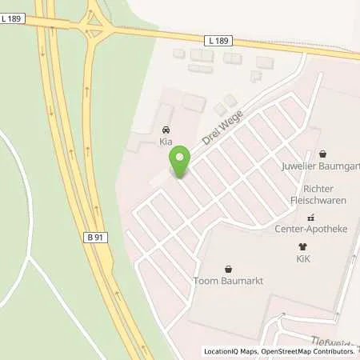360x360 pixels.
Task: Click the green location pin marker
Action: (x=180, y=162)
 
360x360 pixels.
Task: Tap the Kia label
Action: (x=166, y=142)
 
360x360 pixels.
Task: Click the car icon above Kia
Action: (x=166, y=130)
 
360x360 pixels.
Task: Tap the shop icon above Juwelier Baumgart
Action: (x=322, y=154)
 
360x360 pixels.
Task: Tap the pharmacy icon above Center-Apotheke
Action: (x=312, y=217)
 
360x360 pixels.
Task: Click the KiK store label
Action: (x=302, y=259)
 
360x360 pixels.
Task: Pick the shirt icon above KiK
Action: (x=302, y=247)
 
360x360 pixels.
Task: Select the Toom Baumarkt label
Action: (x=229, y=281)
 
